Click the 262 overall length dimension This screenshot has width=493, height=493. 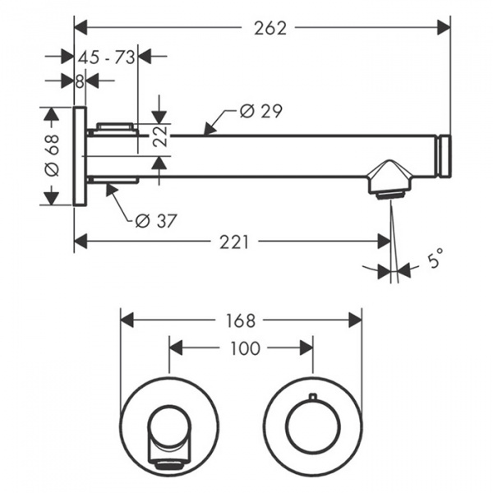[x=270, y=28]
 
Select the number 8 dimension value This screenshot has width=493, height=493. [x=79, y=81]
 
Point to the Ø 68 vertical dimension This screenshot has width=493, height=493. [x=51, y=155]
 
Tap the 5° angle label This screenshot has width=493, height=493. [x=435, y=260]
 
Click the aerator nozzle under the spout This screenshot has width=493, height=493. [x=389, y=191]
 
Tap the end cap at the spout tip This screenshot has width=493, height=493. [x=445, y=156]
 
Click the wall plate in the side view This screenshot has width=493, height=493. [x=81, y=156]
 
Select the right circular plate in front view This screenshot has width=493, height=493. [x=313, y=427]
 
